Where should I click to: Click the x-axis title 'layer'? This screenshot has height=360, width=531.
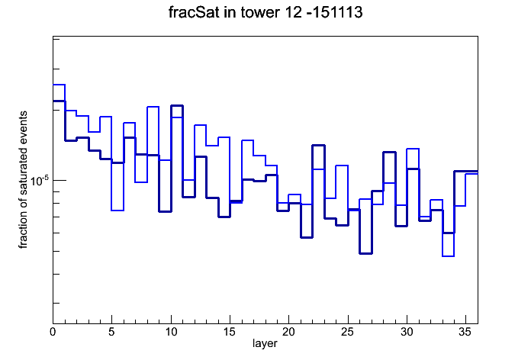pos(265,344)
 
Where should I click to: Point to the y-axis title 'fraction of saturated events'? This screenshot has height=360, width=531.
pos(23,179)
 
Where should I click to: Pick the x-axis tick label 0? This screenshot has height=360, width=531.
pos(53,332)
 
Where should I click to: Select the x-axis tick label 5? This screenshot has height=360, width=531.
pos(111,332)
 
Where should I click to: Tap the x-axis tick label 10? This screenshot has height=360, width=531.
pos(171,332)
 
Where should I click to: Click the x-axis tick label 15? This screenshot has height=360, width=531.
pos(230,332)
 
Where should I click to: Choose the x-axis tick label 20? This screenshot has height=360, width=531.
pos(288,332)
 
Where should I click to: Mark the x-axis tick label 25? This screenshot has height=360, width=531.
pos(347,332)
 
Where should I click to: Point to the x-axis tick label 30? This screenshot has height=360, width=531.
pos(407,332)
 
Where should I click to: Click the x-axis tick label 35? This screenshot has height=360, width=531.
pos(465,332)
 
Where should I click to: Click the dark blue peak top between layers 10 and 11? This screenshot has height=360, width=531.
pos(177,106)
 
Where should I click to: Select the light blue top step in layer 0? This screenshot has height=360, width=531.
pos(59,85)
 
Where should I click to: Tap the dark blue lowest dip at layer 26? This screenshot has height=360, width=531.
pos(365,253)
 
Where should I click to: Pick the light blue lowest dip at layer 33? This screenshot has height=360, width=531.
pos(448,256)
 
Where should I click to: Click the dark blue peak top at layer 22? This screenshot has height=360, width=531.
pos(318,145)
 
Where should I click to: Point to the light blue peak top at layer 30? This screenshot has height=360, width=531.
pos(413,149)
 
